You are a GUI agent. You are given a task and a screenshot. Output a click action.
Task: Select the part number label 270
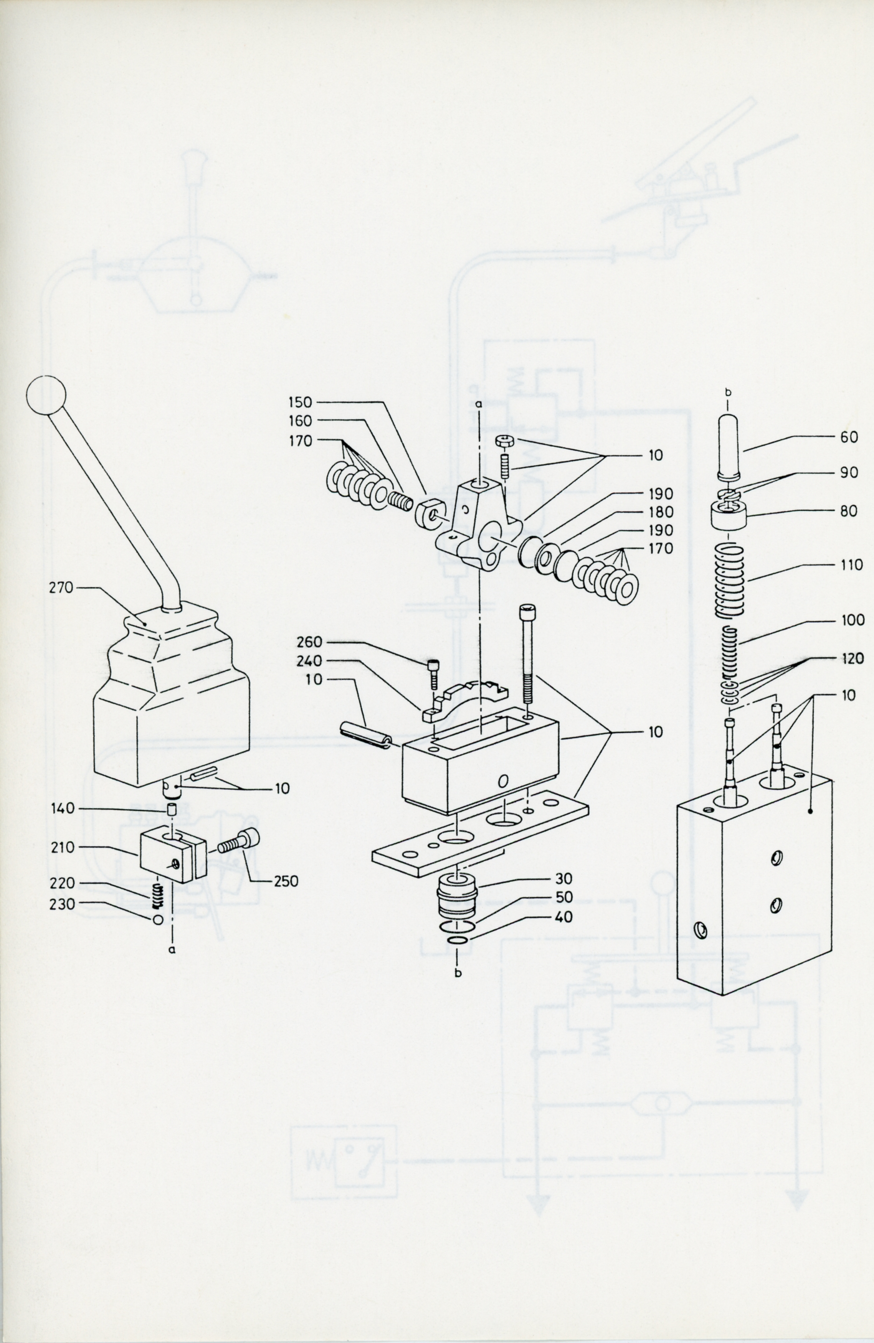61,587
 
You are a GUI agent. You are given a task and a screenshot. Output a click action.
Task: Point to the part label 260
309,642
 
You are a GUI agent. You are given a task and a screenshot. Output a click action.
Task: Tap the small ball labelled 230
158,919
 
